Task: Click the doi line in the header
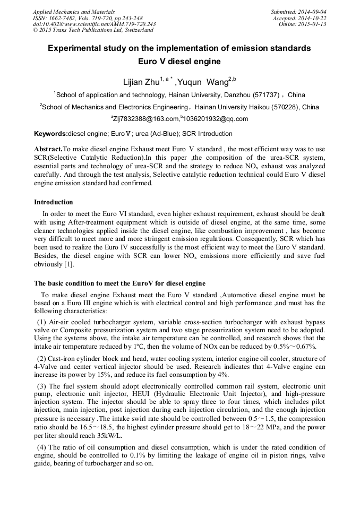coord(94,24)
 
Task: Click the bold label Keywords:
coord(51,134)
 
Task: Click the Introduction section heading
coord(54,202)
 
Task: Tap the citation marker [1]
coord(68,264)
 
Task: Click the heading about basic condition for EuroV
coord(119,283)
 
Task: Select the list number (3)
coord(42,386)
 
